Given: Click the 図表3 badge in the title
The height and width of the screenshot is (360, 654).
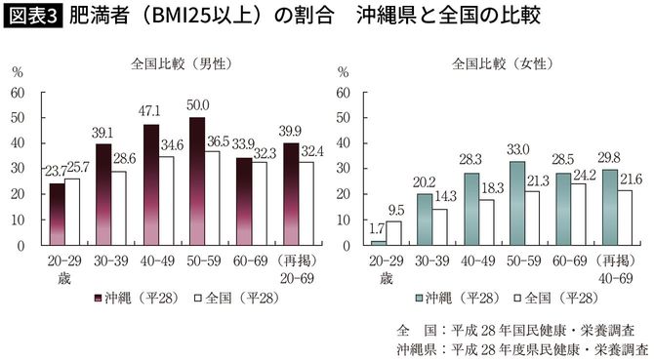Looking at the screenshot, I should pyautogui.click(x=32, y=18).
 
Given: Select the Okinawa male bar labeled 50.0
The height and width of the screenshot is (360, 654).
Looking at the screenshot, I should pyautogui.click(x=196, y=181).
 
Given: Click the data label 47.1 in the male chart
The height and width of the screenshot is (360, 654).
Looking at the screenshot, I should pyautogui.click(x=150, y=110).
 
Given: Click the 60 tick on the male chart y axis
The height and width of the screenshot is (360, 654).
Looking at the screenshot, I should pyautogui.click(x=18, y=93).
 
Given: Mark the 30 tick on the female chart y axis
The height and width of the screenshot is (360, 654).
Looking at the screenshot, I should pyautogui.click(x=343, y=169).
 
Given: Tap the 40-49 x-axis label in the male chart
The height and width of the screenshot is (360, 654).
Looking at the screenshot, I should pyautogui.click(x=157, y=262).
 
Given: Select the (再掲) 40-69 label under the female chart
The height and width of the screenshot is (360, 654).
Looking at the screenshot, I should pyautogui.click(x=619, y=269).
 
